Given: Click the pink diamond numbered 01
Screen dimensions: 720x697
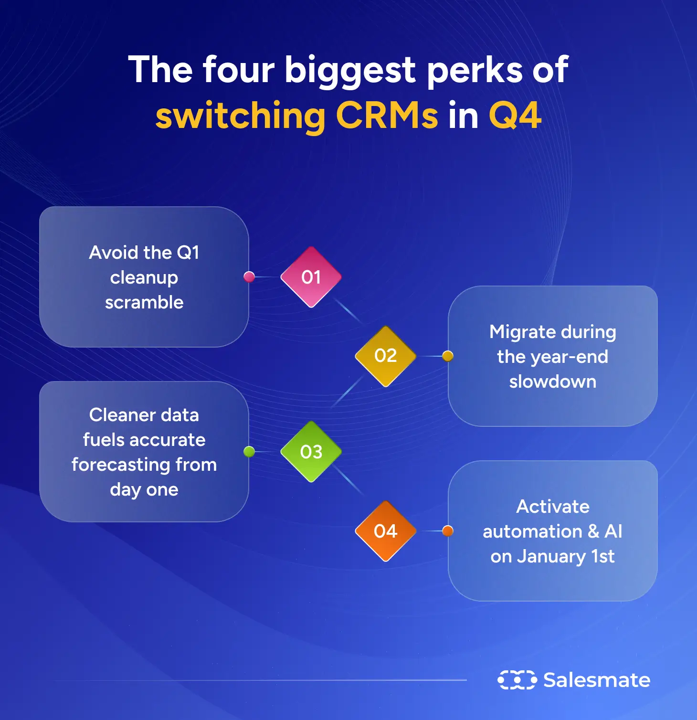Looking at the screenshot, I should click(x=311, y=277).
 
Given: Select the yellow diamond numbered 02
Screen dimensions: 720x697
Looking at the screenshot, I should click(x=385, y=356).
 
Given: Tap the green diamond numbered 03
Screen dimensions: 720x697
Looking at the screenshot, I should click(x=311, y=452).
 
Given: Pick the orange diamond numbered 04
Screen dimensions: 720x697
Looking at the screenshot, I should click(x=385, y=531).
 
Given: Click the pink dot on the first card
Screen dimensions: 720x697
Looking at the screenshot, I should click(x=249, y=276).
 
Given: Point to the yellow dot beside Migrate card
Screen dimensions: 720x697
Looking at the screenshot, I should click(x=447, y=356).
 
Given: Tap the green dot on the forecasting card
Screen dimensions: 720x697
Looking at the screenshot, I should click(x=249, y=451).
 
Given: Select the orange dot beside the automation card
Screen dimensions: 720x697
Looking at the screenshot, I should click(x=447, y=530).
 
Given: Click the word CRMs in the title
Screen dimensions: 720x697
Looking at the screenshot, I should click(x=387, y=116).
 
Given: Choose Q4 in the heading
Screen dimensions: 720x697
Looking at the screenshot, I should click(x=515, y=116).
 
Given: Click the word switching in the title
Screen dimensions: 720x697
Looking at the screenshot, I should click(x=241, y=116).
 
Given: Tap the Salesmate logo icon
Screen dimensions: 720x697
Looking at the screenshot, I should click(x=517, y=679).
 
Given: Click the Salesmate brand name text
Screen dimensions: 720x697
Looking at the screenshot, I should click(x=597, y=680).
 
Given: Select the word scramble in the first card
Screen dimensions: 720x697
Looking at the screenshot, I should click(x=144, y=302).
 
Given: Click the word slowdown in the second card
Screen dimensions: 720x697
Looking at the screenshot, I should click(x=552, y=381).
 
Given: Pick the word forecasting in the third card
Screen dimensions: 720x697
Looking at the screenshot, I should click(x=123, y=465).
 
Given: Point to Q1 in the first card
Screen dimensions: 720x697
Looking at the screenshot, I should click(x=188, y=252).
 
